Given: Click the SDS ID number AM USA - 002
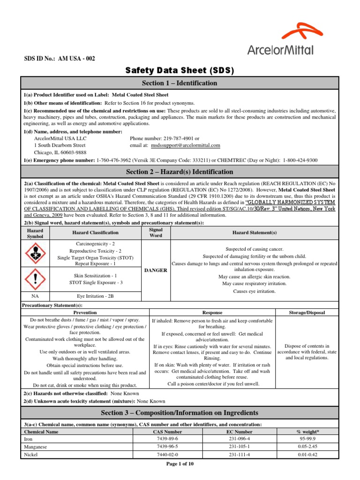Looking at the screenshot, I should [x=60, y=59].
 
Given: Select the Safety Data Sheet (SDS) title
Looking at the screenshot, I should [x=180, y=71].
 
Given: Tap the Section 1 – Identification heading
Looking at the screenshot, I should [x=180, y=83].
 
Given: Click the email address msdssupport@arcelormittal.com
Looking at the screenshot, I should [x=185, y=146].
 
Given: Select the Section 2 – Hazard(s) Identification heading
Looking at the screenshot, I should [x=180, y=172].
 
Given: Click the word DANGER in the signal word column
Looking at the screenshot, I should [x=156, y=270].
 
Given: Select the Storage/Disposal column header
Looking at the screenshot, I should [x=306, y=312].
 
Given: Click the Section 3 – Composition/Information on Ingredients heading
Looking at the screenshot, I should [x=180, y=413].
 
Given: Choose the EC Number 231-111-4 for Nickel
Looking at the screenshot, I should [x=240, y=455].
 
